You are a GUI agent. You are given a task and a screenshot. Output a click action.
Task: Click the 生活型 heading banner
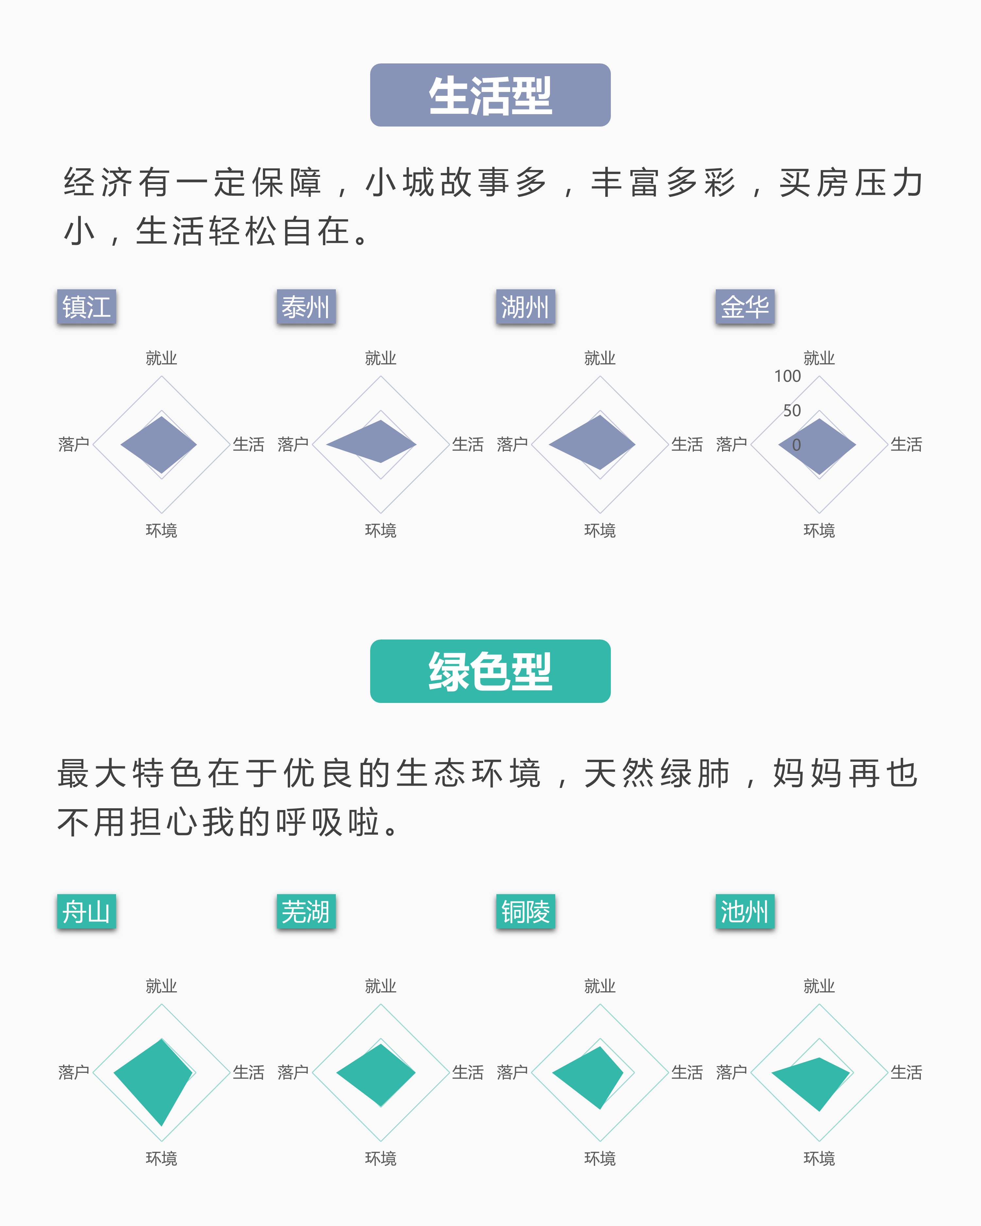pos(490,95)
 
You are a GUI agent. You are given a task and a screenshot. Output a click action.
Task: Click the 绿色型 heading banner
pos(490,671)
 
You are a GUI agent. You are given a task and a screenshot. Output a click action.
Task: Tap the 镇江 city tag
pos(86,307)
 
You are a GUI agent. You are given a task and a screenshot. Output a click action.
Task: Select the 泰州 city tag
pos(306,307)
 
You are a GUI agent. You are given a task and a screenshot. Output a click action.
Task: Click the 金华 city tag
pos(745,307)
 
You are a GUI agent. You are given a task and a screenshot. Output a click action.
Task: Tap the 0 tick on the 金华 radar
pos(796,445)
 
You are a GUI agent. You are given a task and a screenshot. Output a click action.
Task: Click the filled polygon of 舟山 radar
pos(156,1078)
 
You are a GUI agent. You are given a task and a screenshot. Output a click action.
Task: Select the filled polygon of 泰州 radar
pos(375,442)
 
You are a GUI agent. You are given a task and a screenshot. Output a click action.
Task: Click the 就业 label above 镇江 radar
pos(162,358)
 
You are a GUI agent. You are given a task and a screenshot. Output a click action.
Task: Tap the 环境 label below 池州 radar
pos(819,1158)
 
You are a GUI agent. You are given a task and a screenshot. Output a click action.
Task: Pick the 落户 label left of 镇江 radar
pos(74,444)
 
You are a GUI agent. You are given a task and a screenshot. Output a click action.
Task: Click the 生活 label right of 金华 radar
pos(906,444)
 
